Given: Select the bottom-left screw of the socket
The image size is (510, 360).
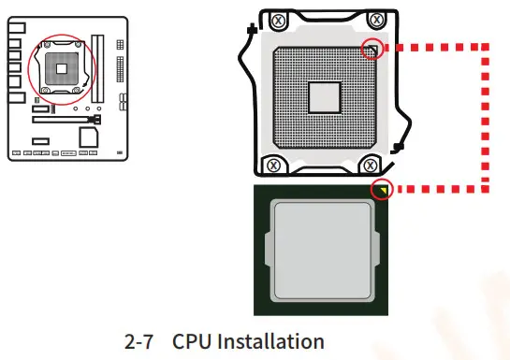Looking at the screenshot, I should (x=273, y=165).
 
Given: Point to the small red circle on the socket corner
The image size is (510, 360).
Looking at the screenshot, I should (x=372, y=49).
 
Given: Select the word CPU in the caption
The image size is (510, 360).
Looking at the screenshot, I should (x=192, y=341).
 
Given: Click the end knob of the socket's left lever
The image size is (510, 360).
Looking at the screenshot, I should (x=251, y=31).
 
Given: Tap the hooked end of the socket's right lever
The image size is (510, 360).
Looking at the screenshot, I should (x=400, y=146).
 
